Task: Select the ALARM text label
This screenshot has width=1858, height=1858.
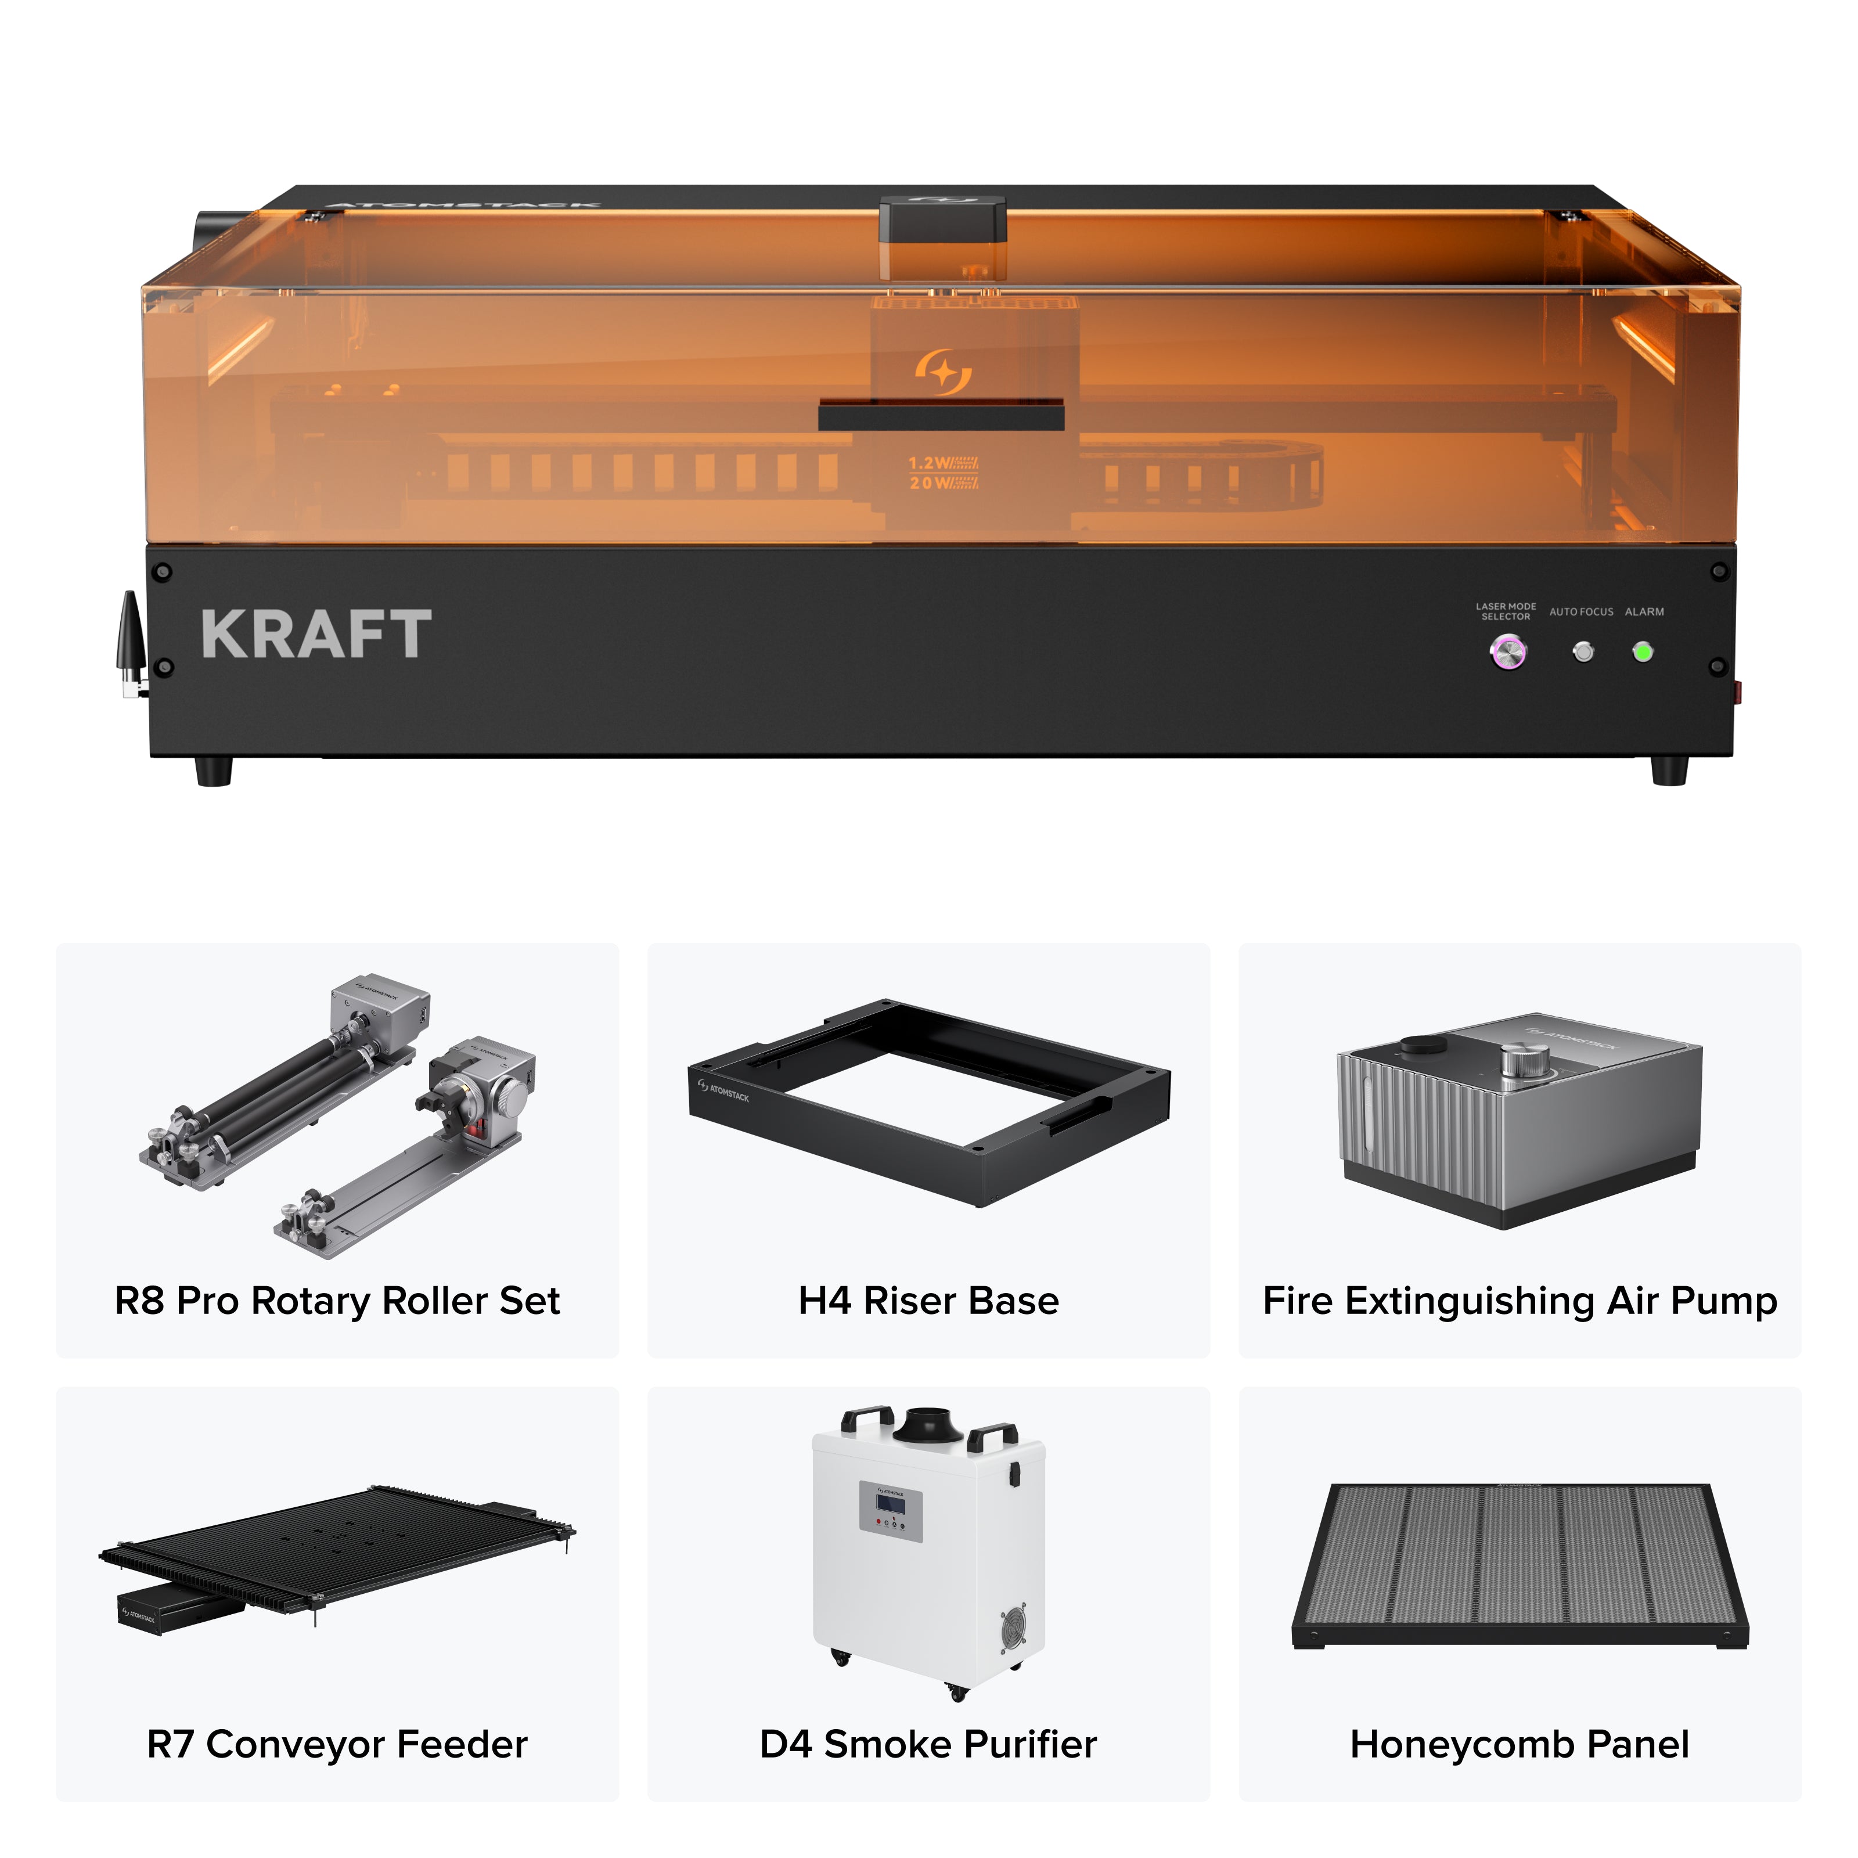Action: [1644, 611]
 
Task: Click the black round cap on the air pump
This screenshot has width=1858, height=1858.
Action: [1423, 1045]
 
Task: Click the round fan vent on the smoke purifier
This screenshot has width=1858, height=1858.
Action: [1013, 1626]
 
